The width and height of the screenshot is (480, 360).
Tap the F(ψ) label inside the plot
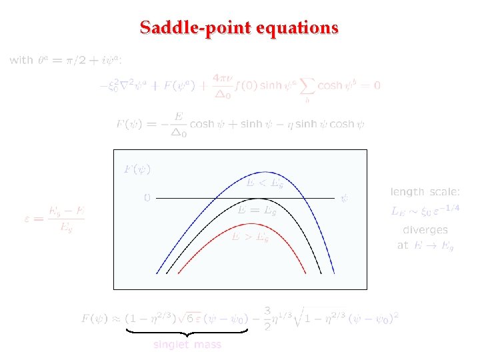(x=137, y=169)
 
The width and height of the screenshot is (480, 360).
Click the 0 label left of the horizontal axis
(x=147, y=198)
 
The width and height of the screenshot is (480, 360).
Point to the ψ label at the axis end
(x=345, y=198)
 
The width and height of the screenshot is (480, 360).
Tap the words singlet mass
(x=187, y=345)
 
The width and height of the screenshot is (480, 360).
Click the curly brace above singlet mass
(x=187, y=331)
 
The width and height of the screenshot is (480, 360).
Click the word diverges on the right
(x=425, y=230)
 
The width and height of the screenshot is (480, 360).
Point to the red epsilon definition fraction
(x=56, y=215)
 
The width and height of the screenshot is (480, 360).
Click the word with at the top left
(x=21, y=60)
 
